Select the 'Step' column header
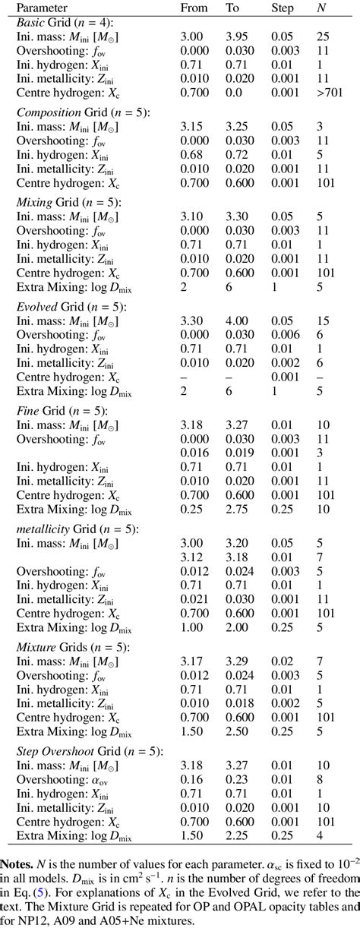point(283,8)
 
